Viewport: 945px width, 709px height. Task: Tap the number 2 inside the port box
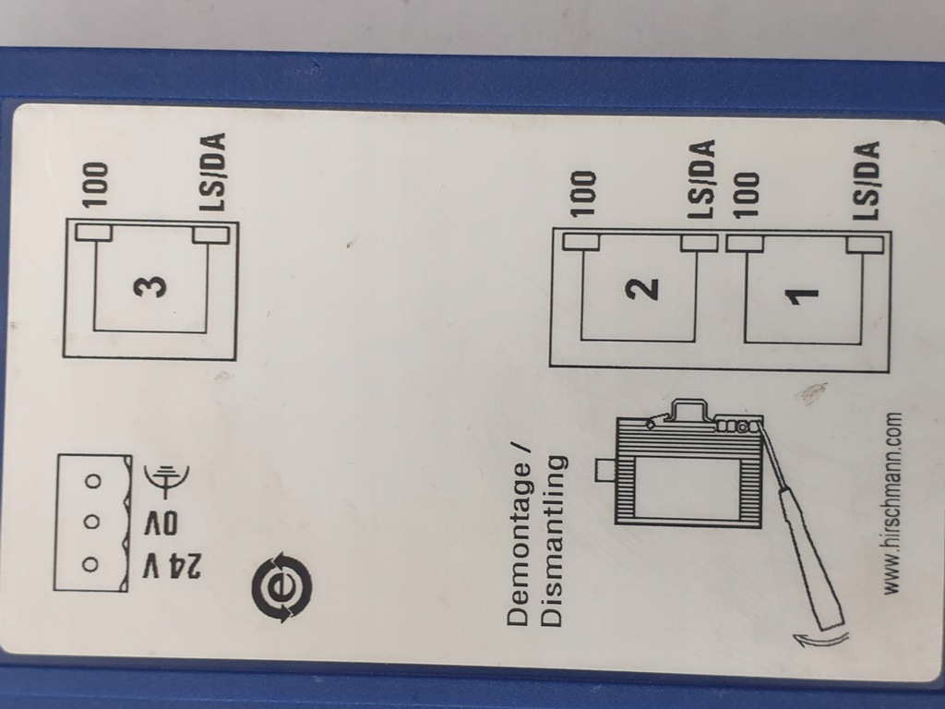(642, 287)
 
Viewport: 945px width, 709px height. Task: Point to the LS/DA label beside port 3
(214, 173)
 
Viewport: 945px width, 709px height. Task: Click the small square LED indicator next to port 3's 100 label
(93, 232)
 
